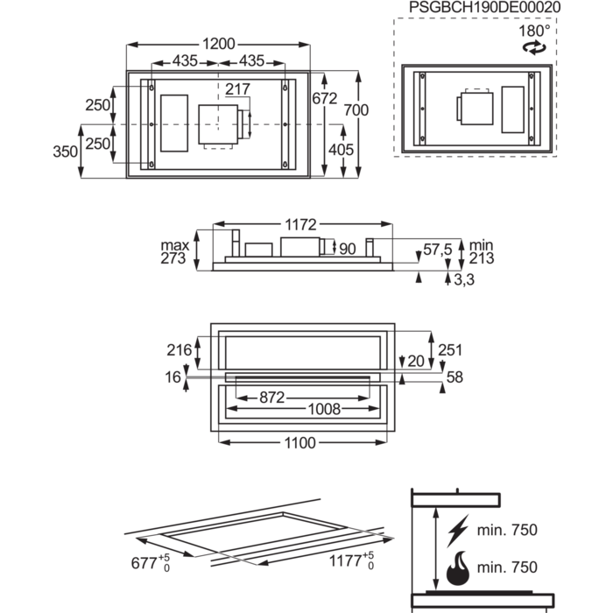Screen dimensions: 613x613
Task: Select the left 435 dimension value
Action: (184, 60)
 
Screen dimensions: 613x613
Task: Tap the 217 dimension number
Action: (237, 89)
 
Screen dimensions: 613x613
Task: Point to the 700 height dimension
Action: (356, 109)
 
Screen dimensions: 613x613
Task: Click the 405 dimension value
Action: (341, 149)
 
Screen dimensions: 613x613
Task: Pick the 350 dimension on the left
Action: (65, 151)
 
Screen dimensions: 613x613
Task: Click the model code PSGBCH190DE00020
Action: (484, 7)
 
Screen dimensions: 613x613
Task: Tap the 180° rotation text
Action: (535, 30)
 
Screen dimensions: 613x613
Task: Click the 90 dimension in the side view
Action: (348, 250)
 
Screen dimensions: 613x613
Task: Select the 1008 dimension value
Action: (322, 409)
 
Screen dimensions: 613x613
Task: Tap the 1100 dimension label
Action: (299, 443)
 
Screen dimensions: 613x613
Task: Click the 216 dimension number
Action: (179, 350)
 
